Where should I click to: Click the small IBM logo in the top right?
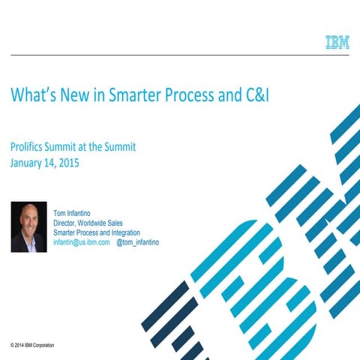pyautogui.click(x=337, y=42)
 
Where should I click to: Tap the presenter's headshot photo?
pyautogui.click(x=29, y=226)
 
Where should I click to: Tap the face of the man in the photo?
pyautogui.click(x=29, y=219)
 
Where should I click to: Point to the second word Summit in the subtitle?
pyautogui.click(x=119, y=147)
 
